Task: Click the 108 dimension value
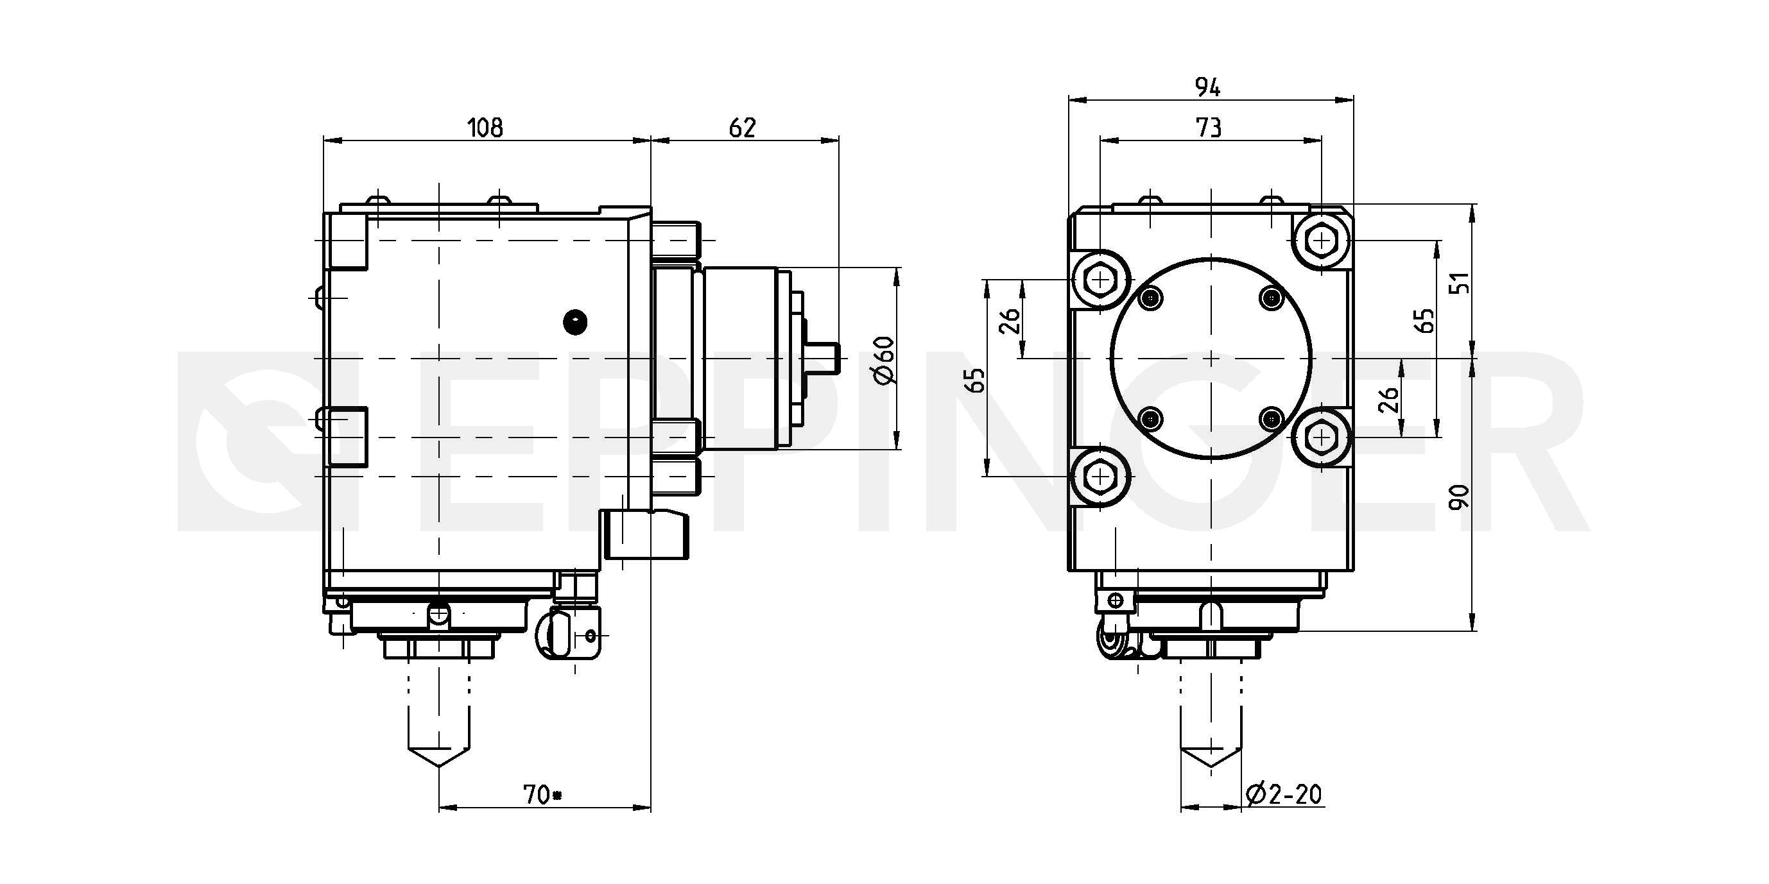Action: (485, 128)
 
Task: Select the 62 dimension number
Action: (743, 128)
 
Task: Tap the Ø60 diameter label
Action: (885, 359)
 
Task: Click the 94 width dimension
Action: (1208, 87)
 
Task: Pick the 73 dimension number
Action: (1209, 128)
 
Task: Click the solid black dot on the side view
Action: (574, 322)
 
